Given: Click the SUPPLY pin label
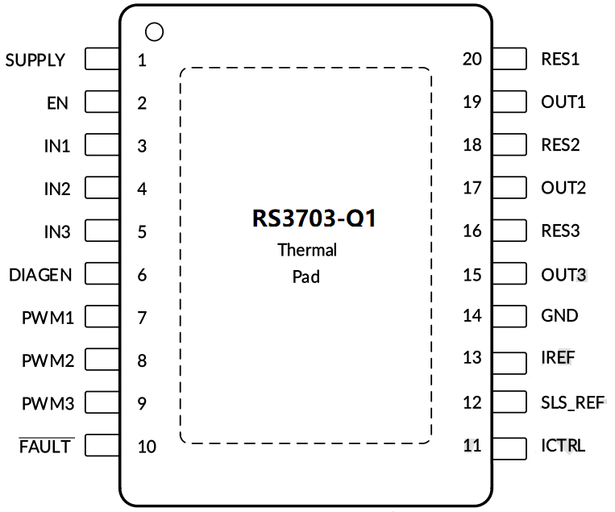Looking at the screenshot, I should click(x=35, y=60).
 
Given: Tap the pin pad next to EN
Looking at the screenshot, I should click(x=102, y=102).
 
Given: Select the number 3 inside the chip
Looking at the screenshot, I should click(x=142, y=146).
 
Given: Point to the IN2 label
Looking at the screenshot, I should click(x=56, y=189).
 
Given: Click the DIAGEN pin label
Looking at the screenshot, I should click(x=40, y=275).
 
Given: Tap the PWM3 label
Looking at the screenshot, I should click(x=48, y=403).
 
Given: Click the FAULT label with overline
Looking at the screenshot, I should click(x=46, y=446).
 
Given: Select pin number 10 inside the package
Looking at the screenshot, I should click(x=146, y=446).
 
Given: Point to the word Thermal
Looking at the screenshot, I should click(x=307, y=250).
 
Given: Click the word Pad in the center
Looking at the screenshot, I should click(x=306, y=277).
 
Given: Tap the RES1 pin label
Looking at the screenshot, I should click(x=560, y=59).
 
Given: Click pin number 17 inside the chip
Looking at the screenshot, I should click(x=472, y=188).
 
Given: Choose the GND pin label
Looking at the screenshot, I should click(x=559, y=315).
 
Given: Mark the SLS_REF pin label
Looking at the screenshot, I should click(x=572, y=402).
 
